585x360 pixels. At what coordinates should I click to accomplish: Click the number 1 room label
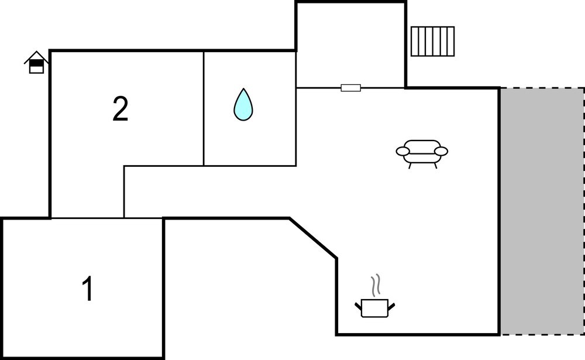[x=88, y=289]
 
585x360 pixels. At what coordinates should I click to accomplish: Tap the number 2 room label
[x=121, y=109]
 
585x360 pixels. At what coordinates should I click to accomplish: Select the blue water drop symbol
[x=243, y=105]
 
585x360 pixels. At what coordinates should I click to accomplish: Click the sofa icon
[x=422, y=153]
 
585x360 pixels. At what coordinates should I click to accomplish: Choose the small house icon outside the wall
[x=36, y=63]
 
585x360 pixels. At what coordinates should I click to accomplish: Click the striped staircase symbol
[x=433, y=42]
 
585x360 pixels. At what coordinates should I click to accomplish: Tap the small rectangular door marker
[x=350, y=88]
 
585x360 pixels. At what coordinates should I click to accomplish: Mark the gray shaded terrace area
[x=542, y=211]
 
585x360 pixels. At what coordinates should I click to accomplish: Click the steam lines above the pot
[x=376, y=285]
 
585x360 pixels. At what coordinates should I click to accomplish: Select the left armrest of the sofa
[x=403, y=151]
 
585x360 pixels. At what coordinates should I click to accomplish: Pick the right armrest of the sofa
[x=441, y=151]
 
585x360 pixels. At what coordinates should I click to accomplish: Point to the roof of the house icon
[x=36, y=56]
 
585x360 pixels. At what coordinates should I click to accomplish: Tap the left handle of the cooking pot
[x=358, y=306]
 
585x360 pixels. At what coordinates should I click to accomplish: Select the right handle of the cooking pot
[x=391, y=306]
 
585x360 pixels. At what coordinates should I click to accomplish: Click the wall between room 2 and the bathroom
[x=204, y=108]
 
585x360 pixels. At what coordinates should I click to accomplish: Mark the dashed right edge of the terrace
[x=584, y=211]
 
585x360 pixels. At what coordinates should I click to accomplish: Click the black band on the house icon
[x=36, y=63]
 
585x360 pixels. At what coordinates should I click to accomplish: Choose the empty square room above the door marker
[x=350, y=46]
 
